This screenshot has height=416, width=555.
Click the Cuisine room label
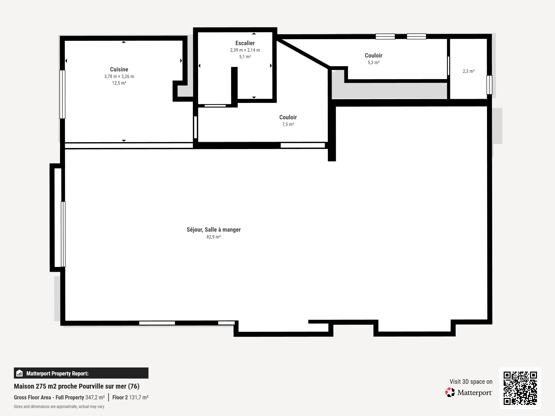119,69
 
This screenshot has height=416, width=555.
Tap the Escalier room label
245,43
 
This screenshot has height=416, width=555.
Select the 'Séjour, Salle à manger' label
213,229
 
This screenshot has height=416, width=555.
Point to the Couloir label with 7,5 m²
288,117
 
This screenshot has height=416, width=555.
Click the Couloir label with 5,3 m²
373,55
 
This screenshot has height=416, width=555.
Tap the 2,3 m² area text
468,71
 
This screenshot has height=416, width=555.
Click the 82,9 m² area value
213,237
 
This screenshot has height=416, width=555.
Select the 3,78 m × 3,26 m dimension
119,77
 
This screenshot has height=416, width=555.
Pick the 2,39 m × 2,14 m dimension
245,50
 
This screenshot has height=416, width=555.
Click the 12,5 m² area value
119,83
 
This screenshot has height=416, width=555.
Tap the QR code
520,388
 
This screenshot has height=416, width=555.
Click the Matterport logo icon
450,392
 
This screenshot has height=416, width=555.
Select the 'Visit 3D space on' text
471,382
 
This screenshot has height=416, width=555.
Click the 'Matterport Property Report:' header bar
81,373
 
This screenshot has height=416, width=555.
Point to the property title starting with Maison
77,386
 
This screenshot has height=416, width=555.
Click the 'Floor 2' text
120,397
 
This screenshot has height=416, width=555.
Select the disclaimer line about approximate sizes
59,407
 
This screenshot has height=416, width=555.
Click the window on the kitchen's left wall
62,94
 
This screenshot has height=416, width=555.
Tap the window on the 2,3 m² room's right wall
489,85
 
